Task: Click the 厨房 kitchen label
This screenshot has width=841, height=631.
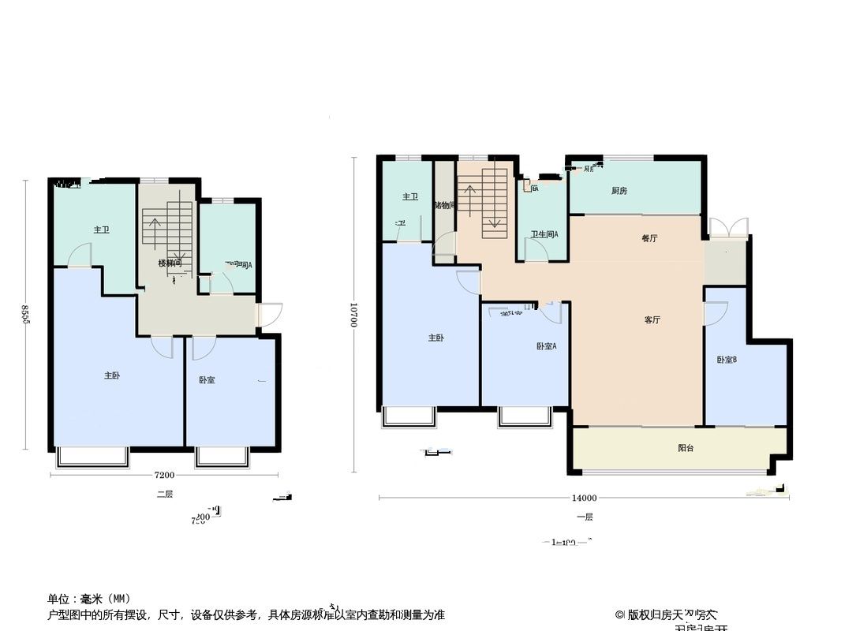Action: tap(619, 190)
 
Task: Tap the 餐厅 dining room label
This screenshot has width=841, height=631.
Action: tap(650, 238)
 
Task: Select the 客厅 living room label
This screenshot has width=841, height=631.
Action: tap(652, 320)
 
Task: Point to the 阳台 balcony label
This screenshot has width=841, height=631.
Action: tap(686, 448)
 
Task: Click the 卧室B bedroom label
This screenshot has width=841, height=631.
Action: tap(727, 360)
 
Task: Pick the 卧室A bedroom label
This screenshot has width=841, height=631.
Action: tap(546, 346)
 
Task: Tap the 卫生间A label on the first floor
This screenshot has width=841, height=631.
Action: tap(544, 234)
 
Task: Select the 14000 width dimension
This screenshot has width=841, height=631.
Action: tap(584, 498)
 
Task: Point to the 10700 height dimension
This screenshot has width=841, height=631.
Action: tap(354, 315)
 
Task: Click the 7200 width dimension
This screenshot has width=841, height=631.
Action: tap(164, 475)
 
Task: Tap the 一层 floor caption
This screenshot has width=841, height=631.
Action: tap(585, 517)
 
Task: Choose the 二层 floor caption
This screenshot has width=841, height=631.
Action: tap(164, 495)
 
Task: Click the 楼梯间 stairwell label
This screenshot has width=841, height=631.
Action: tap(170, 263)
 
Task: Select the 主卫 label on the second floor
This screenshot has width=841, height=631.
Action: tap(101, 230)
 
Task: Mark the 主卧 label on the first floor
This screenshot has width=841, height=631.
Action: tap(436, 338)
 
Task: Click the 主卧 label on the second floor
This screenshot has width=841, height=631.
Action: tap(112, 376)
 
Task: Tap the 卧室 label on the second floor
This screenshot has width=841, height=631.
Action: tap(207, 380)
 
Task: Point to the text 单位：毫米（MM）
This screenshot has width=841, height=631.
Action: tap(89, 599)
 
